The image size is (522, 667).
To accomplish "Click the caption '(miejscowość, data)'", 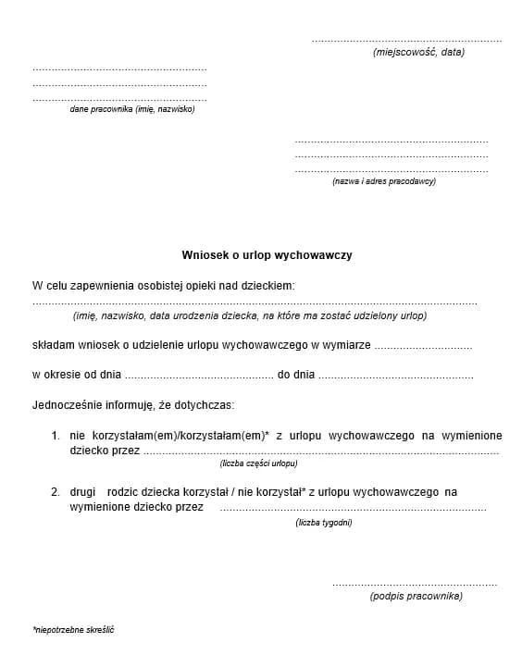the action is point(418,53).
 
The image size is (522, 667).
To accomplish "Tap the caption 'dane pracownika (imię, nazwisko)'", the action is point(132,109).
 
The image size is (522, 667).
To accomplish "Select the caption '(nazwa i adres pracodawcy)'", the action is point(383,181).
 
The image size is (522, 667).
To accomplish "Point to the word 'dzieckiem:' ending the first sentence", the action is point(267,285).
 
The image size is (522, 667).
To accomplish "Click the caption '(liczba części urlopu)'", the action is point(258,463).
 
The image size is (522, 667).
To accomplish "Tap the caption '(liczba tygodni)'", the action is point(324,523).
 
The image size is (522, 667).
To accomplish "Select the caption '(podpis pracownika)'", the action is point(416,596).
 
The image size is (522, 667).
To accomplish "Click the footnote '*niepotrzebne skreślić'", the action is point(74,630).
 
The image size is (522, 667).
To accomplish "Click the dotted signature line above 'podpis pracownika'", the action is point(414,585).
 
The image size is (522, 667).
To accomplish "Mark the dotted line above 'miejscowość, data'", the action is point(406,42).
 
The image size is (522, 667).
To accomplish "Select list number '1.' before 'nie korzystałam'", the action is point(56,435).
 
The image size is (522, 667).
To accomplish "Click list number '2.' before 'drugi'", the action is point(56,493).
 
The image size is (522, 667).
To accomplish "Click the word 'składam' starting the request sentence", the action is point(52,345).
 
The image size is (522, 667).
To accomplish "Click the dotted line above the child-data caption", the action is point(255,303).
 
